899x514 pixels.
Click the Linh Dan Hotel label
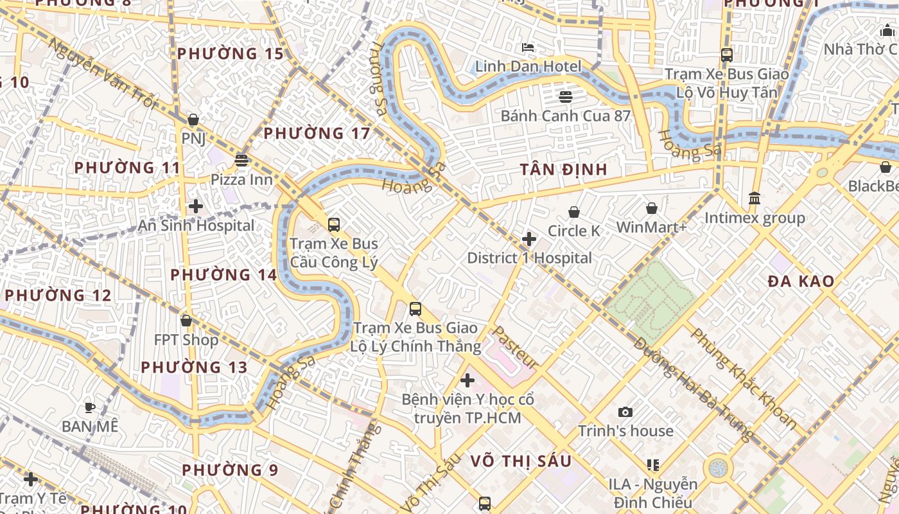click(528, 66)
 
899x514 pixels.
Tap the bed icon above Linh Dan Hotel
click(528, 47)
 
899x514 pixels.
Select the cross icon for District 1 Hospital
click(529, 240)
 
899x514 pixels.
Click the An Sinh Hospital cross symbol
click(196, 206)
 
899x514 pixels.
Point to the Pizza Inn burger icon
click(241, 160)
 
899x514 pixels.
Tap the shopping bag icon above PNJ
click(193, 120)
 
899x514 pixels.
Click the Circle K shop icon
click(574, 212)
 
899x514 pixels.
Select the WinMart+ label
click(651, 227)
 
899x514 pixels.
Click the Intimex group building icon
click(755, 199)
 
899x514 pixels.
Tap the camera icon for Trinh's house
click(625, 412)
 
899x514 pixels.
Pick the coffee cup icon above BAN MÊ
click(90, 407)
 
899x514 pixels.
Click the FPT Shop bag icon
click(186, 320)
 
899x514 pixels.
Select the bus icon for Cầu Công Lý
click(334, 224)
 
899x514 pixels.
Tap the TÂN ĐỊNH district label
click(563, 170)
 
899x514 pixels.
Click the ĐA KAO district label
click(801, 281)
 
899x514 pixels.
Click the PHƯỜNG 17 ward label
click(317, 134)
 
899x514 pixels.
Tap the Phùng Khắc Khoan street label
click(744, 379)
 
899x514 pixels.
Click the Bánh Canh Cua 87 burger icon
click(566, 97)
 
